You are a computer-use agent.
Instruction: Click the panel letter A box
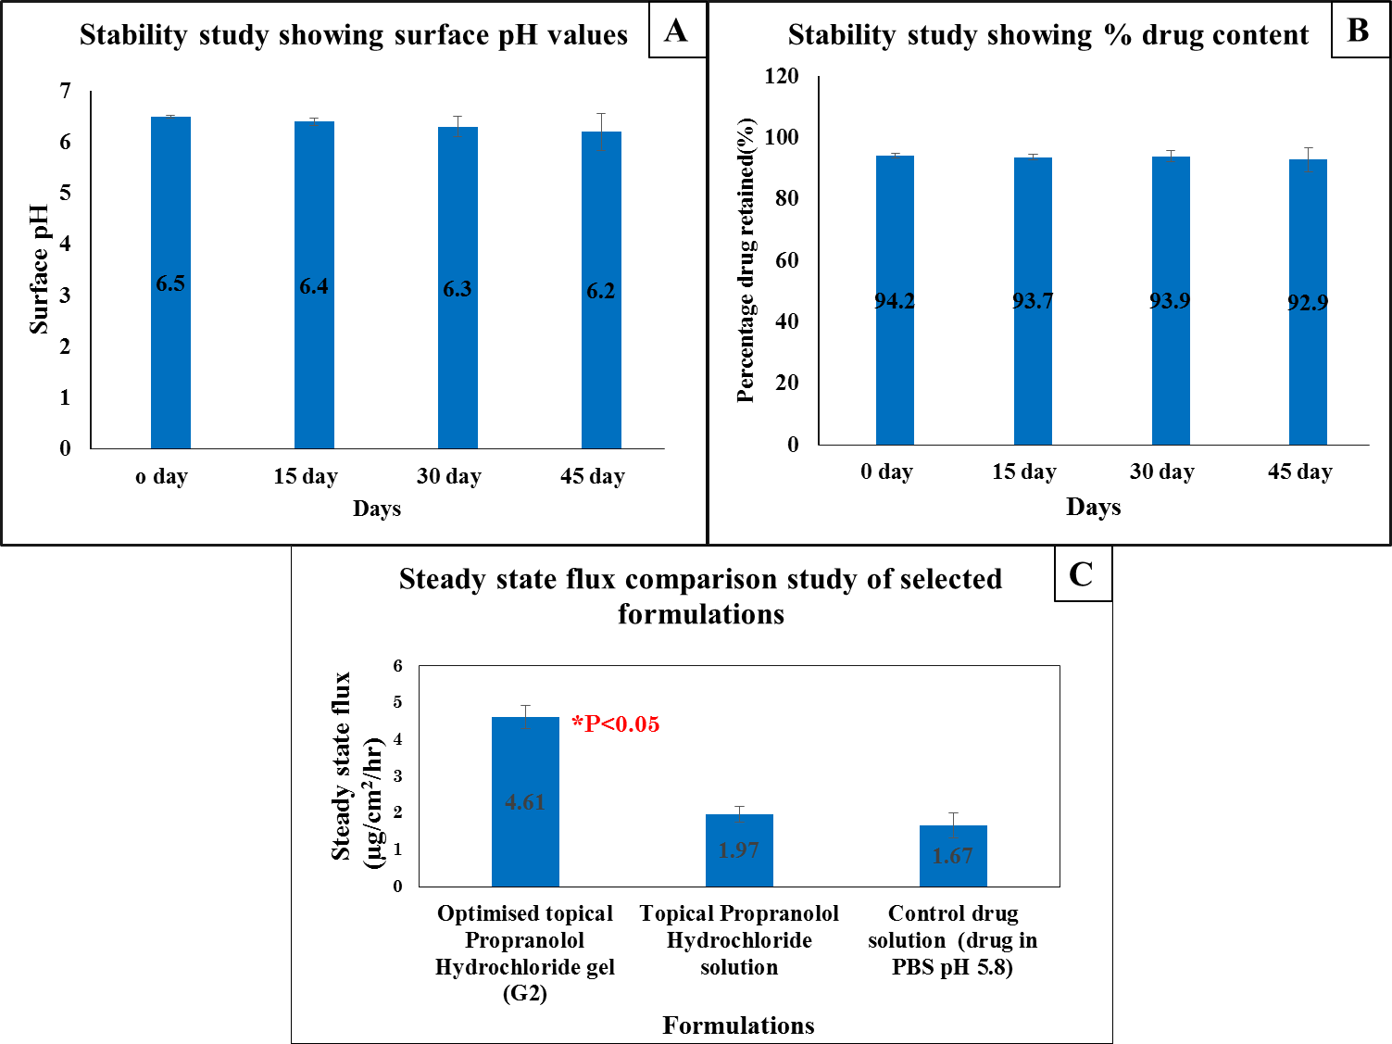click(x=676, y=31)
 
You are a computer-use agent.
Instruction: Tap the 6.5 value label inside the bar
click(x=170, y=283)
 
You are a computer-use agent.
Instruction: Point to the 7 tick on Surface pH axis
click(x=65, y=91)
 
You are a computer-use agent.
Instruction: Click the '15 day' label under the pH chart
click(x=306, y=476)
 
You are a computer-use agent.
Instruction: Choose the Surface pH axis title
click(x=39, y=269)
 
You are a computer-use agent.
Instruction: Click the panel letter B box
click(x=1358, y=31)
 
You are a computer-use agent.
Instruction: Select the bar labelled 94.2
click(x=895, y=371)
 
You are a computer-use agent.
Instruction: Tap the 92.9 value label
click(x=1308, y=303)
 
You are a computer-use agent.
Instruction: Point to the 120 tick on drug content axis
click(x=782, y=76)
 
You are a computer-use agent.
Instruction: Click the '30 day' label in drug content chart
click(x=1162, y=472)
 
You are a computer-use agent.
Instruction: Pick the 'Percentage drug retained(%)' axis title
click(x=746, y=260)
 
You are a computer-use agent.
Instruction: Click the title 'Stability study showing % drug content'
click(x=1047, y=35)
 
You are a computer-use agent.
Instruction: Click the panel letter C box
click(x=1082, y=574)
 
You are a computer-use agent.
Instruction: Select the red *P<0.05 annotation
click(x=616, y=724)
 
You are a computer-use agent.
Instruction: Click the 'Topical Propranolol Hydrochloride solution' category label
click(x=739, y=940)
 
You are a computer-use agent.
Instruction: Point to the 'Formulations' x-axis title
click(x=738, y=1025)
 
